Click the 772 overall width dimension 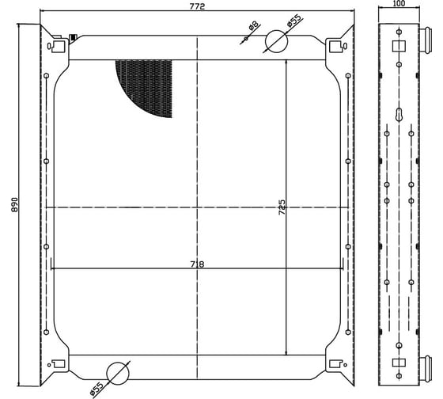[x=197, y=6]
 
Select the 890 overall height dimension [x=14, y=204]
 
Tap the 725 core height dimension [x=282, y=207]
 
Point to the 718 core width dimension [x=197, y=264]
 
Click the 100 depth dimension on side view [x=399, y=3]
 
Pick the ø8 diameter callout [x=253, y=26]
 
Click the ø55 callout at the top [x=293, y=21]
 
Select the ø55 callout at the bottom [x=97, y=389]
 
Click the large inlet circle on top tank [x=276, y=41]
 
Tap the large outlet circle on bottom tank [x=118, y=373]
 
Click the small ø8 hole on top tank [x=246, y=38]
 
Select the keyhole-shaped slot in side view [x=399, y=115]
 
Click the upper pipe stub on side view [x=426, y=40]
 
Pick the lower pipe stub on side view [x=426, y=369]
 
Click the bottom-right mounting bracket [x=339, y=367]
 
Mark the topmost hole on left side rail [x=47, y=75]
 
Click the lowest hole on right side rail [x=348, y=332]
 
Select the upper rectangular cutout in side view [x=399, y=46]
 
